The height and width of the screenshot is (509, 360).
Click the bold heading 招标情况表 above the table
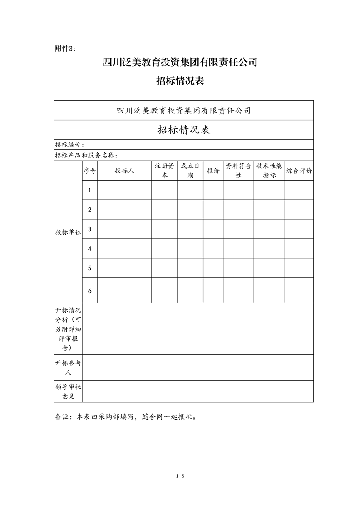(180, 81)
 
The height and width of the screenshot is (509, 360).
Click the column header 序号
(89, 171)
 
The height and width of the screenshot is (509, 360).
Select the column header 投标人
(124, 171)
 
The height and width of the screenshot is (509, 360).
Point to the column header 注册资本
(164, 171)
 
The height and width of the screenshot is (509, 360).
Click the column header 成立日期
(190, 171)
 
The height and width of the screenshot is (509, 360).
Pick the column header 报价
(213, 171)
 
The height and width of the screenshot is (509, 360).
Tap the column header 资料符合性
(238, 171)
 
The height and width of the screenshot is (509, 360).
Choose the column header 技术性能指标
(269, 171)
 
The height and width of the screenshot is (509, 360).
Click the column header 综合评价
(299, 171)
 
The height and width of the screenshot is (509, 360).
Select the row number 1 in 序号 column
(90, 190)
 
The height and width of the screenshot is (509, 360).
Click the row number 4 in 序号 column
(90, 249)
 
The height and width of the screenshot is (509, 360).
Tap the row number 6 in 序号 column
(90, 290)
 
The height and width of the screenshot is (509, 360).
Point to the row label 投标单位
(68, 232)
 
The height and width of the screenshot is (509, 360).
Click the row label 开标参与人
(68, 367)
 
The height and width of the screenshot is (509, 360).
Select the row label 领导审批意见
(68, 391)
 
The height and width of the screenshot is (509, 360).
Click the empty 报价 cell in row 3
(213, 229)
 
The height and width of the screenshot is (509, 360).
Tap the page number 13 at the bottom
(180, 476)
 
